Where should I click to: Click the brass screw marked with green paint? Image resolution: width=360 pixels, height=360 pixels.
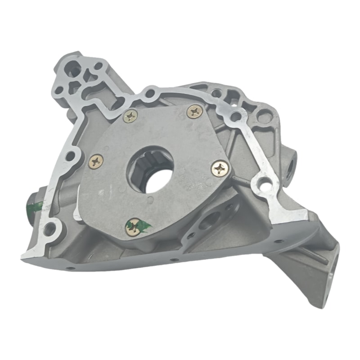133,227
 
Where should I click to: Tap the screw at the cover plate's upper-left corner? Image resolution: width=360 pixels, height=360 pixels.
130,117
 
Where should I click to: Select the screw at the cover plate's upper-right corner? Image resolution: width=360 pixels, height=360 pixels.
195,112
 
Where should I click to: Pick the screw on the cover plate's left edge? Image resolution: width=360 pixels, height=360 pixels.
96,162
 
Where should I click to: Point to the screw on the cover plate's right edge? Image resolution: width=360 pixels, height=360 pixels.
220,168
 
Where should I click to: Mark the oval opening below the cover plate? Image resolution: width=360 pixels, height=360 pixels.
208,221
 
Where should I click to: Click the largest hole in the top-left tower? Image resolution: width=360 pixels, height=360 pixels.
72,70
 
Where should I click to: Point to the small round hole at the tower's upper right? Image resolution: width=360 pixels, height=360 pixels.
98,66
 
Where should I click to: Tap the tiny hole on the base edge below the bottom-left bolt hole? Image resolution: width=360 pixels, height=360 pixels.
71,268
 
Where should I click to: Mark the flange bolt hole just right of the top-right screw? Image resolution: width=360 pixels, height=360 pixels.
234,117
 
